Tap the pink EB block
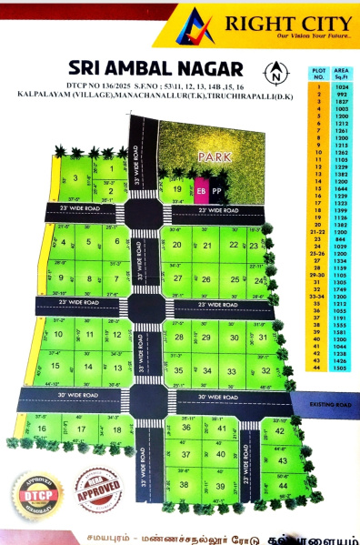click(x=201, y=191)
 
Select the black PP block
click(x=215, y=191)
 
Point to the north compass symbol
click(x=274, y=70)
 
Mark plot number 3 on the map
click(x=75, y=178)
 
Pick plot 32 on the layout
click(x=265, y=370)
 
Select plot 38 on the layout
click(x=185, y=485)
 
